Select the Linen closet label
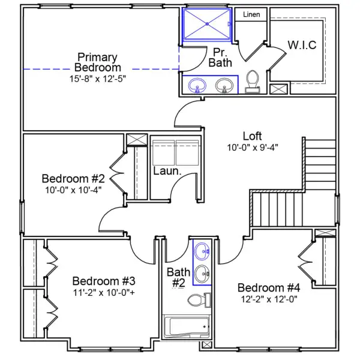tap(251, 14)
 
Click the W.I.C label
tap(302, 45)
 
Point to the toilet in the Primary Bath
tap(253, 82)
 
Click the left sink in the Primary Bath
tap(197, 86)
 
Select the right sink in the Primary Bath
tap(225, 86)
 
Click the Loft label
tap(253, 136)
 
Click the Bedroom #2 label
tap(74, 178)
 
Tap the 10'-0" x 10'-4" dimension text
tap(74, 190)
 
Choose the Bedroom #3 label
tap(104, 281)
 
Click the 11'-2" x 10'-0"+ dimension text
tap(104, 292)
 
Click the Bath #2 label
tap(178, 277)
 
